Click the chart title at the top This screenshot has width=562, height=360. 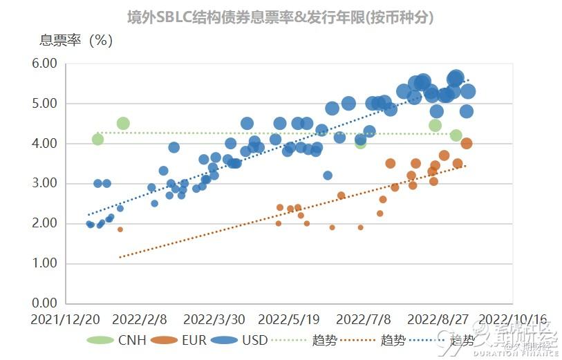281,17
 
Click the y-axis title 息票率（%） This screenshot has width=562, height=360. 76,40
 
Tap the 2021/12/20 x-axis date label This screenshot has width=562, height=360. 65,320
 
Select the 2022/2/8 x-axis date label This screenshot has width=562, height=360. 140,320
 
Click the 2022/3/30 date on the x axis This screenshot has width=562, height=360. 214,320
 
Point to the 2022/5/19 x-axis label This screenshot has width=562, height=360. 288,320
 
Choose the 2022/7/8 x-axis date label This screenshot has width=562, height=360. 363,320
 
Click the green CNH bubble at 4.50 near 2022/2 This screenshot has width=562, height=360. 123,124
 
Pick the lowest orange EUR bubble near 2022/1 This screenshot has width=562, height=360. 120,229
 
